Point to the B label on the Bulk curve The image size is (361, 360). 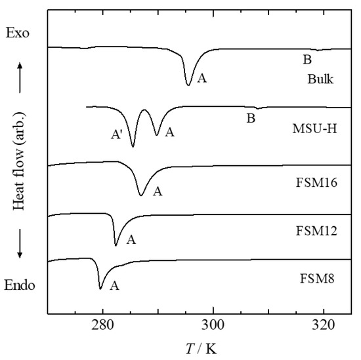307,60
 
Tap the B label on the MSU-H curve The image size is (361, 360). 250,119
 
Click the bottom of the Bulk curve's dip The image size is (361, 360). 189,85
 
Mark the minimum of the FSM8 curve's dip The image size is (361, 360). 100,288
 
